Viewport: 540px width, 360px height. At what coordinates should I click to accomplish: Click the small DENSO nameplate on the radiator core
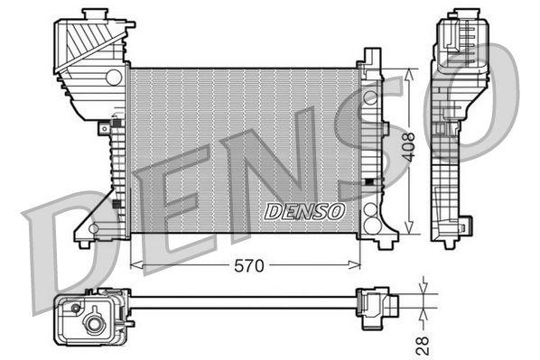[x=304, y=211]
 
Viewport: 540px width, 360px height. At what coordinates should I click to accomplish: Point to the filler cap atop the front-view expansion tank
[x=92, y=15]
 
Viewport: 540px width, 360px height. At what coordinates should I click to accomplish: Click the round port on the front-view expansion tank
[x=113, y=78]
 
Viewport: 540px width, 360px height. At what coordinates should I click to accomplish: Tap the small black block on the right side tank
[x=368, y=182]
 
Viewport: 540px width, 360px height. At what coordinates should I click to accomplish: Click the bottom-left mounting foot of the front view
[x=84, y=241]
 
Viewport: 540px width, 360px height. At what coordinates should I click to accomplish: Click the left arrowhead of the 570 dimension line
[x=135, y=264]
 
